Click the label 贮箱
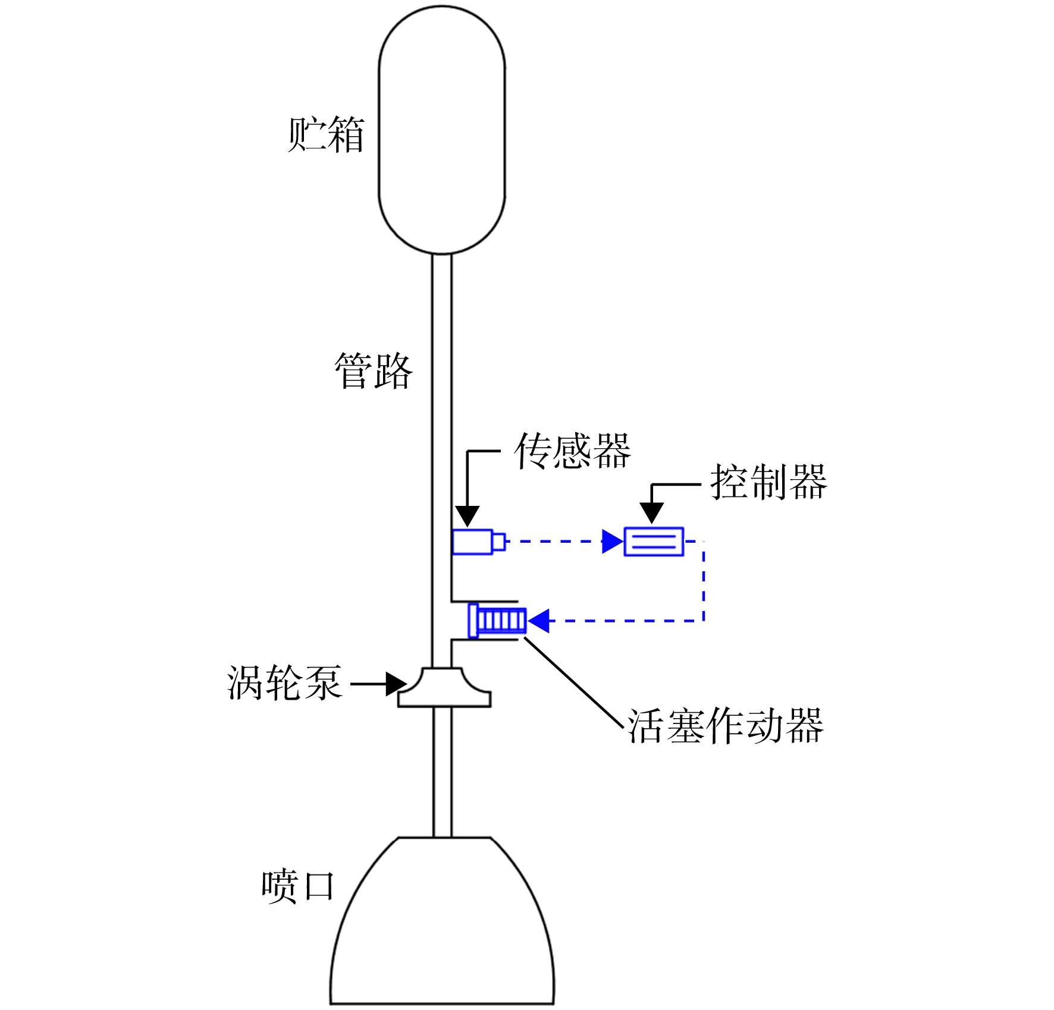326,134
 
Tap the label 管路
374,371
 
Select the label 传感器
573,451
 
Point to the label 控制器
768,482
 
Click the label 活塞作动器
726,726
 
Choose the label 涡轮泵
284,682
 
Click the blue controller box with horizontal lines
654,542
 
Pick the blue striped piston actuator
498,621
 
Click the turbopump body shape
444,687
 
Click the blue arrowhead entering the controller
613,542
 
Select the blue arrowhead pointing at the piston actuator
539,621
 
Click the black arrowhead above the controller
652,512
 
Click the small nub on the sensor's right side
500,542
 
